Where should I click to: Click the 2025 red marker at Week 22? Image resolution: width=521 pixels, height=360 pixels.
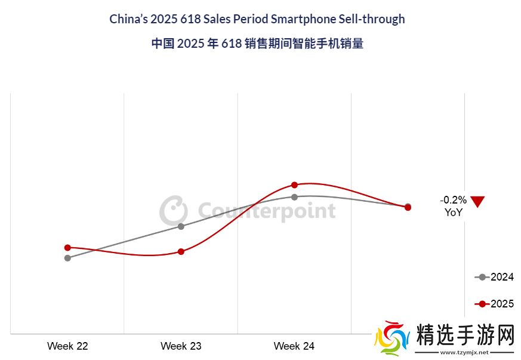(x=67, y=247)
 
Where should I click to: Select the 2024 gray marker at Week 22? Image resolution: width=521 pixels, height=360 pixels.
(x=67, y=258)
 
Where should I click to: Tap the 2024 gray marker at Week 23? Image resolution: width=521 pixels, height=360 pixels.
(x=181, y=226)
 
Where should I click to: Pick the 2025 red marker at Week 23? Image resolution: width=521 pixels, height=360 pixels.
(x=181, y=251)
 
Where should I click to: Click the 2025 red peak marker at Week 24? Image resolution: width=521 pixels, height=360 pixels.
(x=294, y=185)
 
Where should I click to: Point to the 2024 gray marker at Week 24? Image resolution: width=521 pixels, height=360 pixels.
(x=294, y=196)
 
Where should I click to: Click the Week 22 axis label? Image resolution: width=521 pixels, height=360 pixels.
(x=67, y=346)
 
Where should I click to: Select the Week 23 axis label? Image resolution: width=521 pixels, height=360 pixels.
(x=181, y=346)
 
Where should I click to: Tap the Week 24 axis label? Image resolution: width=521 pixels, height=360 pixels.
(x=294, y=346)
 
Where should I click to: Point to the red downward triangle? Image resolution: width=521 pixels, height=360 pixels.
(x=477, y=202)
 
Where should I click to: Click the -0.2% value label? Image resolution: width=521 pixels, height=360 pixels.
(x=453, y=201)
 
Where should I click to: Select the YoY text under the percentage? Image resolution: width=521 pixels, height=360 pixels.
(x=453, y=212)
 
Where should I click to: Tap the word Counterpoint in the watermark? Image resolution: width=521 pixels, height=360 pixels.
(x=266, y=211)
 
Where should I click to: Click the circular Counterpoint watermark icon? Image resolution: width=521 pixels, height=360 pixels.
(x=173, y=210)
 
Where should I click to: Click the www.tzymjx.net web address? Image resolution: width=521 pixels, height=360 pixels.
(x=464, y=353)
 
